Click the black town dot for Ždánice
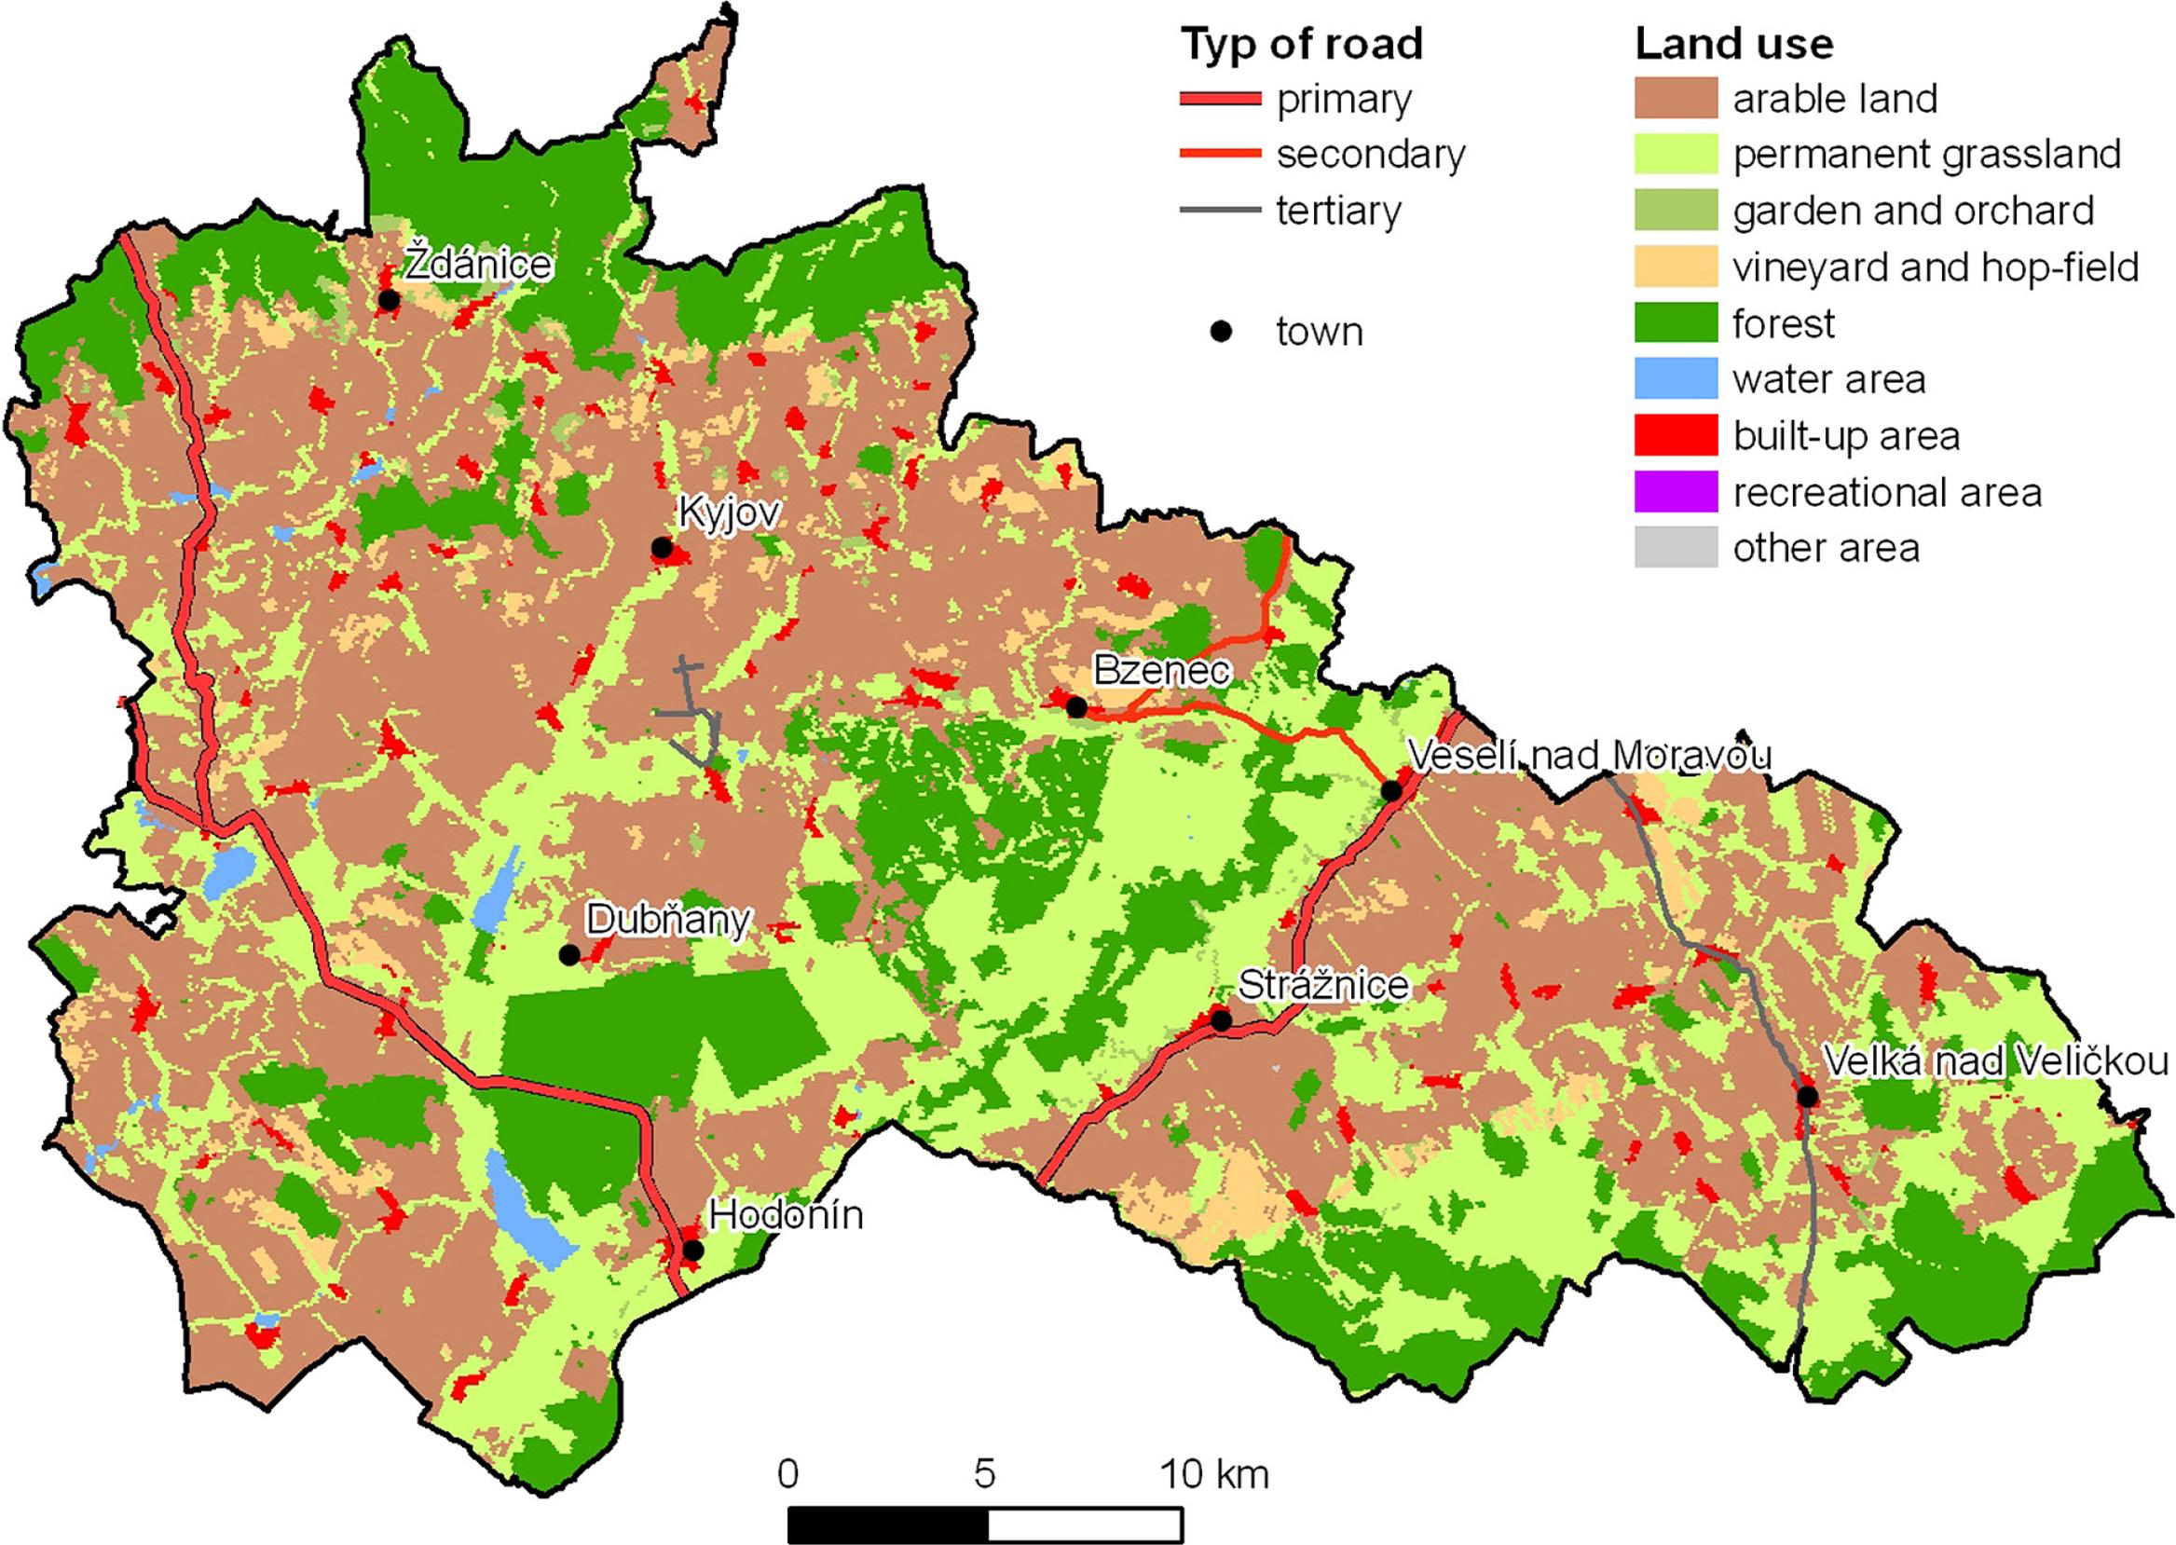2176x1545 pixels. [x=389, y=300]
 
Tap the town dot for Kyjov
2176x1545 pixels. [x=662, y=548]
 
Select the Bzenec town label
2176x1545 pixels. [x=1161, y=671]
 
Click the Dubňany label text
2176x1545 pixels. [x=668, y=920]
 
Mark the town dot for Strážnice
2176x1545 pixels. [x=1221, y=1020]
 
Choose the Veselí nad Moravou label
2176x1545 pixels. [x=1588, y=756]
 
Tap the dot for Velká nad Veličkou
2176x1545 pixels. [x=1807, y=1097]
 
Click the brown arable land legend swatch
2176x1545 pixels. [x=1676, y=98]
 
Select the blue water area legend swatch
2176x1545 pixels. [x=1676, y=378]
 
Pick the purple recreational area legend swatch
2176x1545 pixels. [x=1676, y=491]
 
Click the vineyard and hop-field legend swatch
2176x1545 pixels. [x=1676, y=267]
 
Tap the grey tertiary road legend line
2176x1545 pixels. [x=1220, y=211]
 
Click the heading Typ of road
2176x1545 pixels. [x=1301, y=45]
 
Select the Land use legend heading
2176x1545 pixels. [x=1733, y=45]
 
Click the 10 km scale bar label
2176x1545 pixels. [x=1214, y=1473]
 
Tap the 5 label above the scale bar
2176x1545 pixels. [x=985, y=1473]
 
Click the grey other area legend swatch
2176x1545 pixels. [x=1676, y=547]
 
